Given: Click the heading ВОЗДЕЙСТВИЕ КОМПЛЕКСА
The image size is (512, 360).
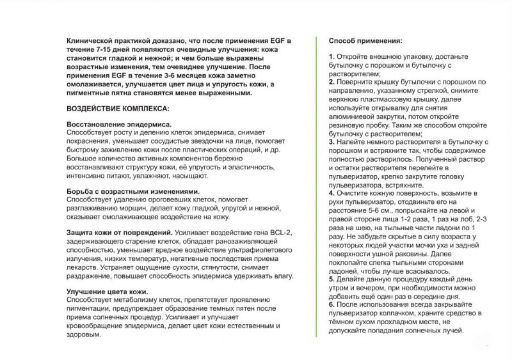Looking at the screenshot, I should click(118, 108).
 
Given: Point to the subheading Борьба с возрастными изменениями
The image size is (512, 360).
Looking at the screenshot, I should click(132, 191).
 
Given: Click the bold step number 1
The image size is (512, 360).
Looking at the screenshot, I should click(331, 57).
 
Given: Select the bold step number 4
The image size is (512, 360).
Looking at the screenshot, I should click(331, 192).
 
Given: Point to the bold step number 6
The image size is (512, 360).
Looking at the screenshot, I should click(331, 304).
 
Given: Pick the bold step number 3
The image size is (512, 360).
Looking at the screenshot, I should click(331, 141).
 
